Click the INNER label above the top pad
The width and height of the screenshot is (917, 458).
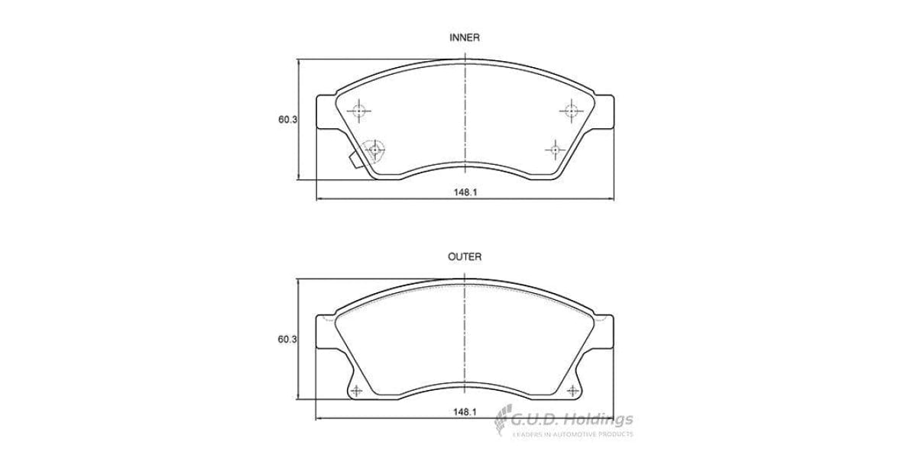pyautogui.click(x=464, y=37)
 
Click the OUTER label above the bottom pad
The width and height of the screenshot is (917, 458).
pyautogui.click(x=464, y=257)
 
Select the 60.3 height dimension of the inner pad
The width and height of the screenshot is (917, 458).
pyautogui.click(x=287, y=120)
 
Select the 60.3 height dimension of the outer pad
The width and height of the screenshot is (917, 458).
pyautogui.click(x=287, y=339)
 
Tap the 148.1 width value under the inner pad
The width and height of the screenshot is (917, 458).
pyautogui.click(x=465, y=192)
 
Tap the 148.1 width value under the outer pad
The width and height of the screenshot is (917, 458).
pyautogui.click(x=465, y=411)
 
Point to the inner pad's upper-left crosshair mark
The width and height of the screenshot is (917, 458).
pyautogui.click(x=359, y=111)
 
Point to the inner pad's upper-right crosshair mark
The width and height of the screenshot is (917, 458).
pyautogui.click(x=569, y=111)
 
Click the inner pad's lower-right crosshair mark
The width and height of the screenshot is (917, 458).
pyautogui.click(x=556, y=149)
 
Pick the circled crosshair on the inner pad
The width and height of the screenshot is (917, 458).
pyautogui.click(x=374, y=150)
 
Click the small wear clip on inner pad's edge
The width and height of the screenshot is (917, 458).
pyautogui.click(x=355, y=160)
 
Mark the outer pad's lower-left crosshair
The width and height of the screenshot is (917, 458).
pyautogui.click(x=357, y=391)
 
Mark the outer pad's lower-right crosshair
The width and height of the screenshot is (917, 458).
pyautogui.click(x=572, y=391)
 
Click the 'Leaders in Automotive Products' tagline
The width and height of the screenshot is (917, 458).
pyautogui.click(x=572, y=434)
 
